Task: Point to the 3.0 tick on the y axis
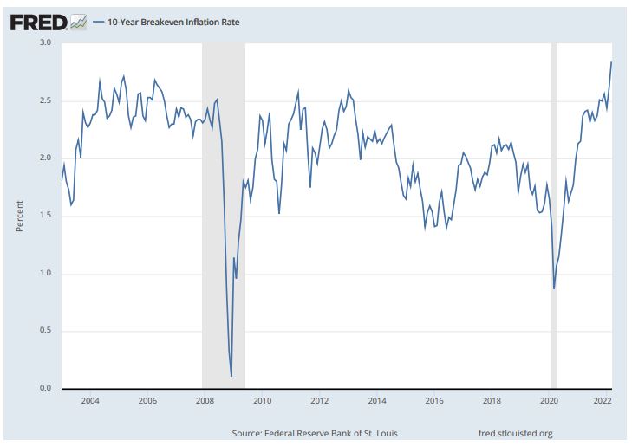(x=45, y=42)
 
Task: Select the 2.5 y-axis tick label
(x=45, y=100)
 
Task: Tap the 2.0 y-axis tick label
(x=45, y=158)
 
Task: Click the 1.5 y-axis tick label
(x=45, y=216)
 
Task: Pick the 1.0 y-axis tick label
(x=45, y=274)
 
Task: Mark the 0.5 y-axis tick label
(x=45, y=331)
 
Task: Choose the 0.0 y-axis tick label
(x=45, y=389)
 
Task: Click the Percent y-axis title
(x=19, y=217)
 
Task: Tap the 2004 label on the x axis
(x=90, y=401)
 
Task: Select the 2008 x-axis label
(x=205, y=401)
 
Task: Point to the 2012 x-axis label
(x=319, y=401)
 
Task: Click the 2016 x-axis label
(x=434, y=401)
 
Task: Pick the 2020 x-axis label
(x=549, y=401)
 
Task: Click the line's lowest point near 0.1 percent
(x=231, y=376)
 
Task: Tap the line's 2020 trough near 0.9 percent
(x=554, y=288)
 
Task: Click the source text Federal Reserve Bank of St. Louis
(x=316, y=433)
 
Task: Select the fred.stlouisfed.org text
(x=515, y=433)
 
